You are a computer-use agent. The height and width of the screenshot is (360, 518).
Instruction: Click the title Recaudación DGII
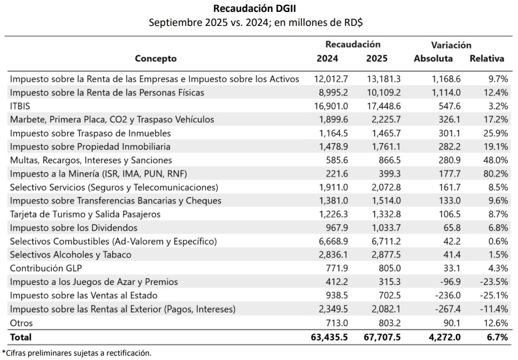point(257,8)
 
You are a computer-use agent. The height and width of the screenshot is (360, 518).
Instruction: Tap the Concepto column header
point(156,58)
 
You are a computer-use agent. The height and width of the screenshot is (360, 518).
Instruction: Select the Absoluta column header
point(433,58)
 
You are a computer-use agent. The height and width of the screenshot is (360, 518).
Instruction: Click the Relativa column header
point(487,58)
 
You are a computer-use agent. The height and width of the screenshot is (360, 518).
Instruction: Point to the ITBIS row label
point(20,106)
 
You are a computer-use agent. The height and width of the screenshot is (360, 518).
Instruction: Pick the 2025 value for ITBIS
point(384,106)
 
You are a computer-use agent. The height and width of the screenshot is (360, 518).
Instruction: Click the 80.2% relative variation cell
point(495,174)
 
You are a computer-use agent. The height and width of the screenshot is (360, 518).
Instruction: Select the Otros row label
point(22,323)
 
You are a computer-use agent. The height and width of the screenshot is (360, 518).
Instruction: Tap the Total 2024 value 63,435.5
point(329,337)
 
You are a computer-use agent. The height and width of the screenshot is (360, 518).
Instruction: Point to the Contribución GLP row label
point(46,268)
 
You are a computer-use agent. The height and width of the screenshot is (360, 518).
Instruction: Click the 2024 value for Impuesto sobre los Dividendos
point(334,228)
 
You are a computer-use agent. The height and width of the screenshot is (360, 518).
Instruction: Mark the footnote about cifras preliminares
point(77,353)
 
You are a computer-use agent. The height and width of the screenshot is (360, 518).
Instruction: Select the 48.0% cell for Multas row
point(495,160)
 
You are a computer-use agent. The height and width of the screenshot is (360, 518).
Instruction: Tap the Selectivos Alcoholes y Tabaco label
point(71,254)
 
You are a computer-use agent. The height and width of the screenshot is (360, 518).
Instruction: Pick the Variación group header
point(451,45)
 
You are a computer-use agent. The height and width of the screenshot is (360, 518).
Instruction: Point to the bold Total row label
point(21,337)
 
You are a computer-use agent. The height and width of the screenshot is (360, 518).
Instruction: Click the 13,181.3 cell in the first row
point(384,79)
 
